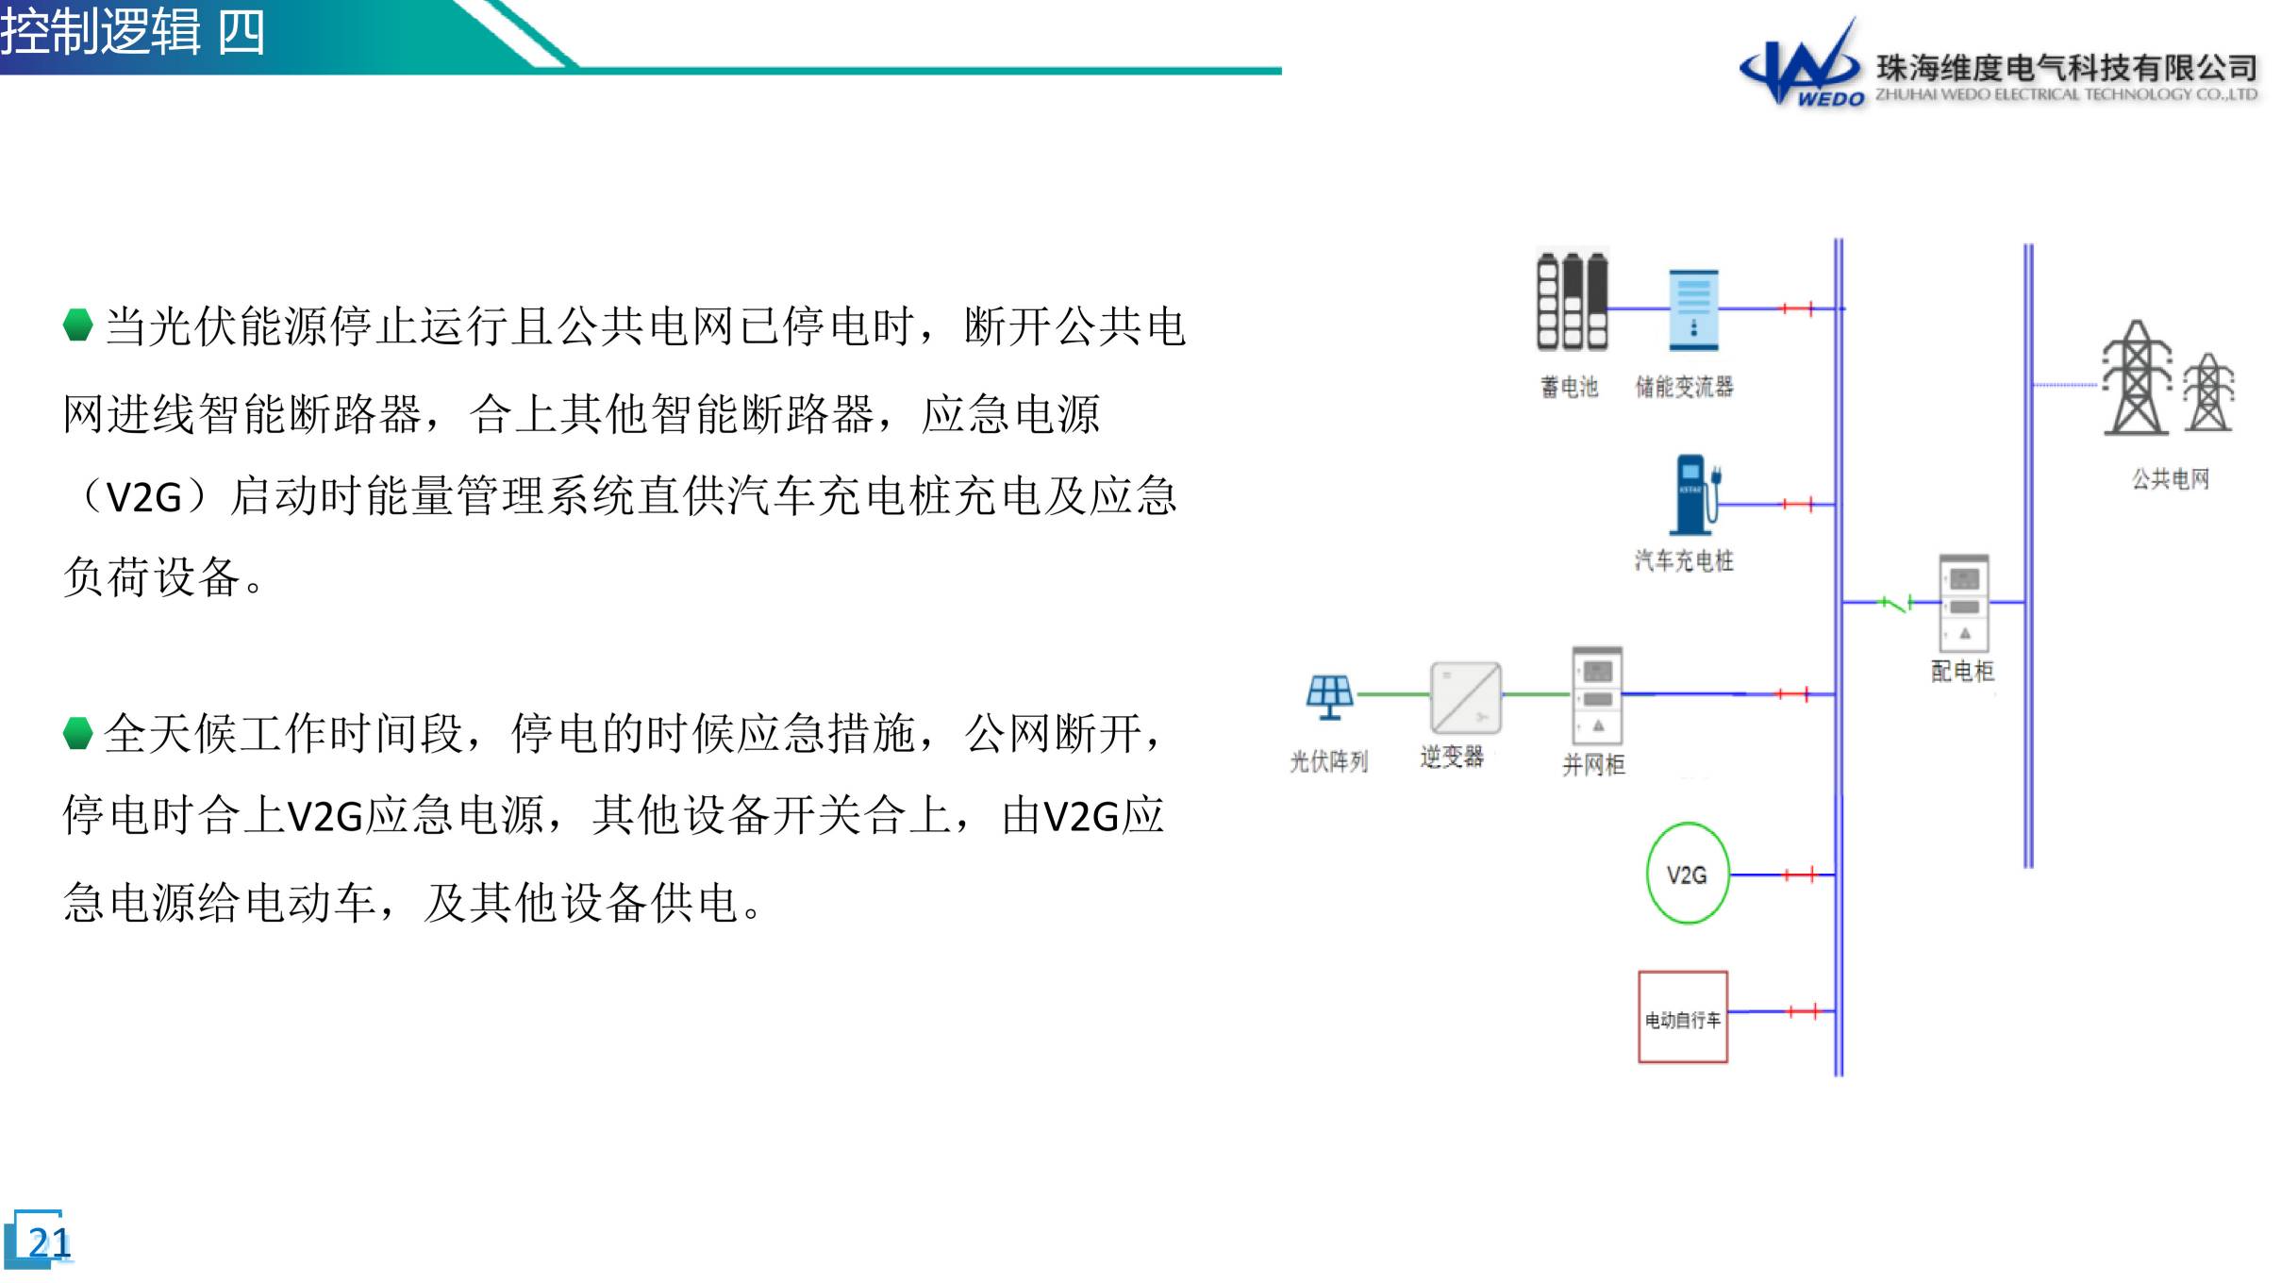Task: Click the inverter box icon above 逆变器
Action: click(x=1466, y=698)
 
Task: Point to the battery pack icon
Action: click(x=1573, y=302)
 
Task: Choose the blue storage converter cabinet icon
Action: click(x=1693, y=310)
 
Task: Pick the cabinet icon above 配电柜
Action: click(x=1964, y=603)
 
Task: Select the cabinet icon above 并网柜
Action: click(x=1597, y=695)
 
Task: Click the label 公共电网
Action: click(x=2171, y=479)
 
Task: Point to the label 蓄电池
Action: click(x=1569, y=387)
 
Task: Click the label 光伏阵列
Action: click(x=1328, y=761)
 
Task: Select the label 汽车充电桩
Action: click(x=1684, y=561)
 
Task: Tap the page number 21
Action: click(x=49, y=1243)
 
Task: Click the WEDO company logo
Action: click(x=1801, y=64)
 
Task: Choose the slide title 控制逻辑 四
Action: click(x=132, y=32)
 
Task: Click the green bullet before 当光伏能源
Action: click(x=78, y=325)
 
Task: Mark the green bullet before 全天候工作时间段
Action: click(x=78, y=733)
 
